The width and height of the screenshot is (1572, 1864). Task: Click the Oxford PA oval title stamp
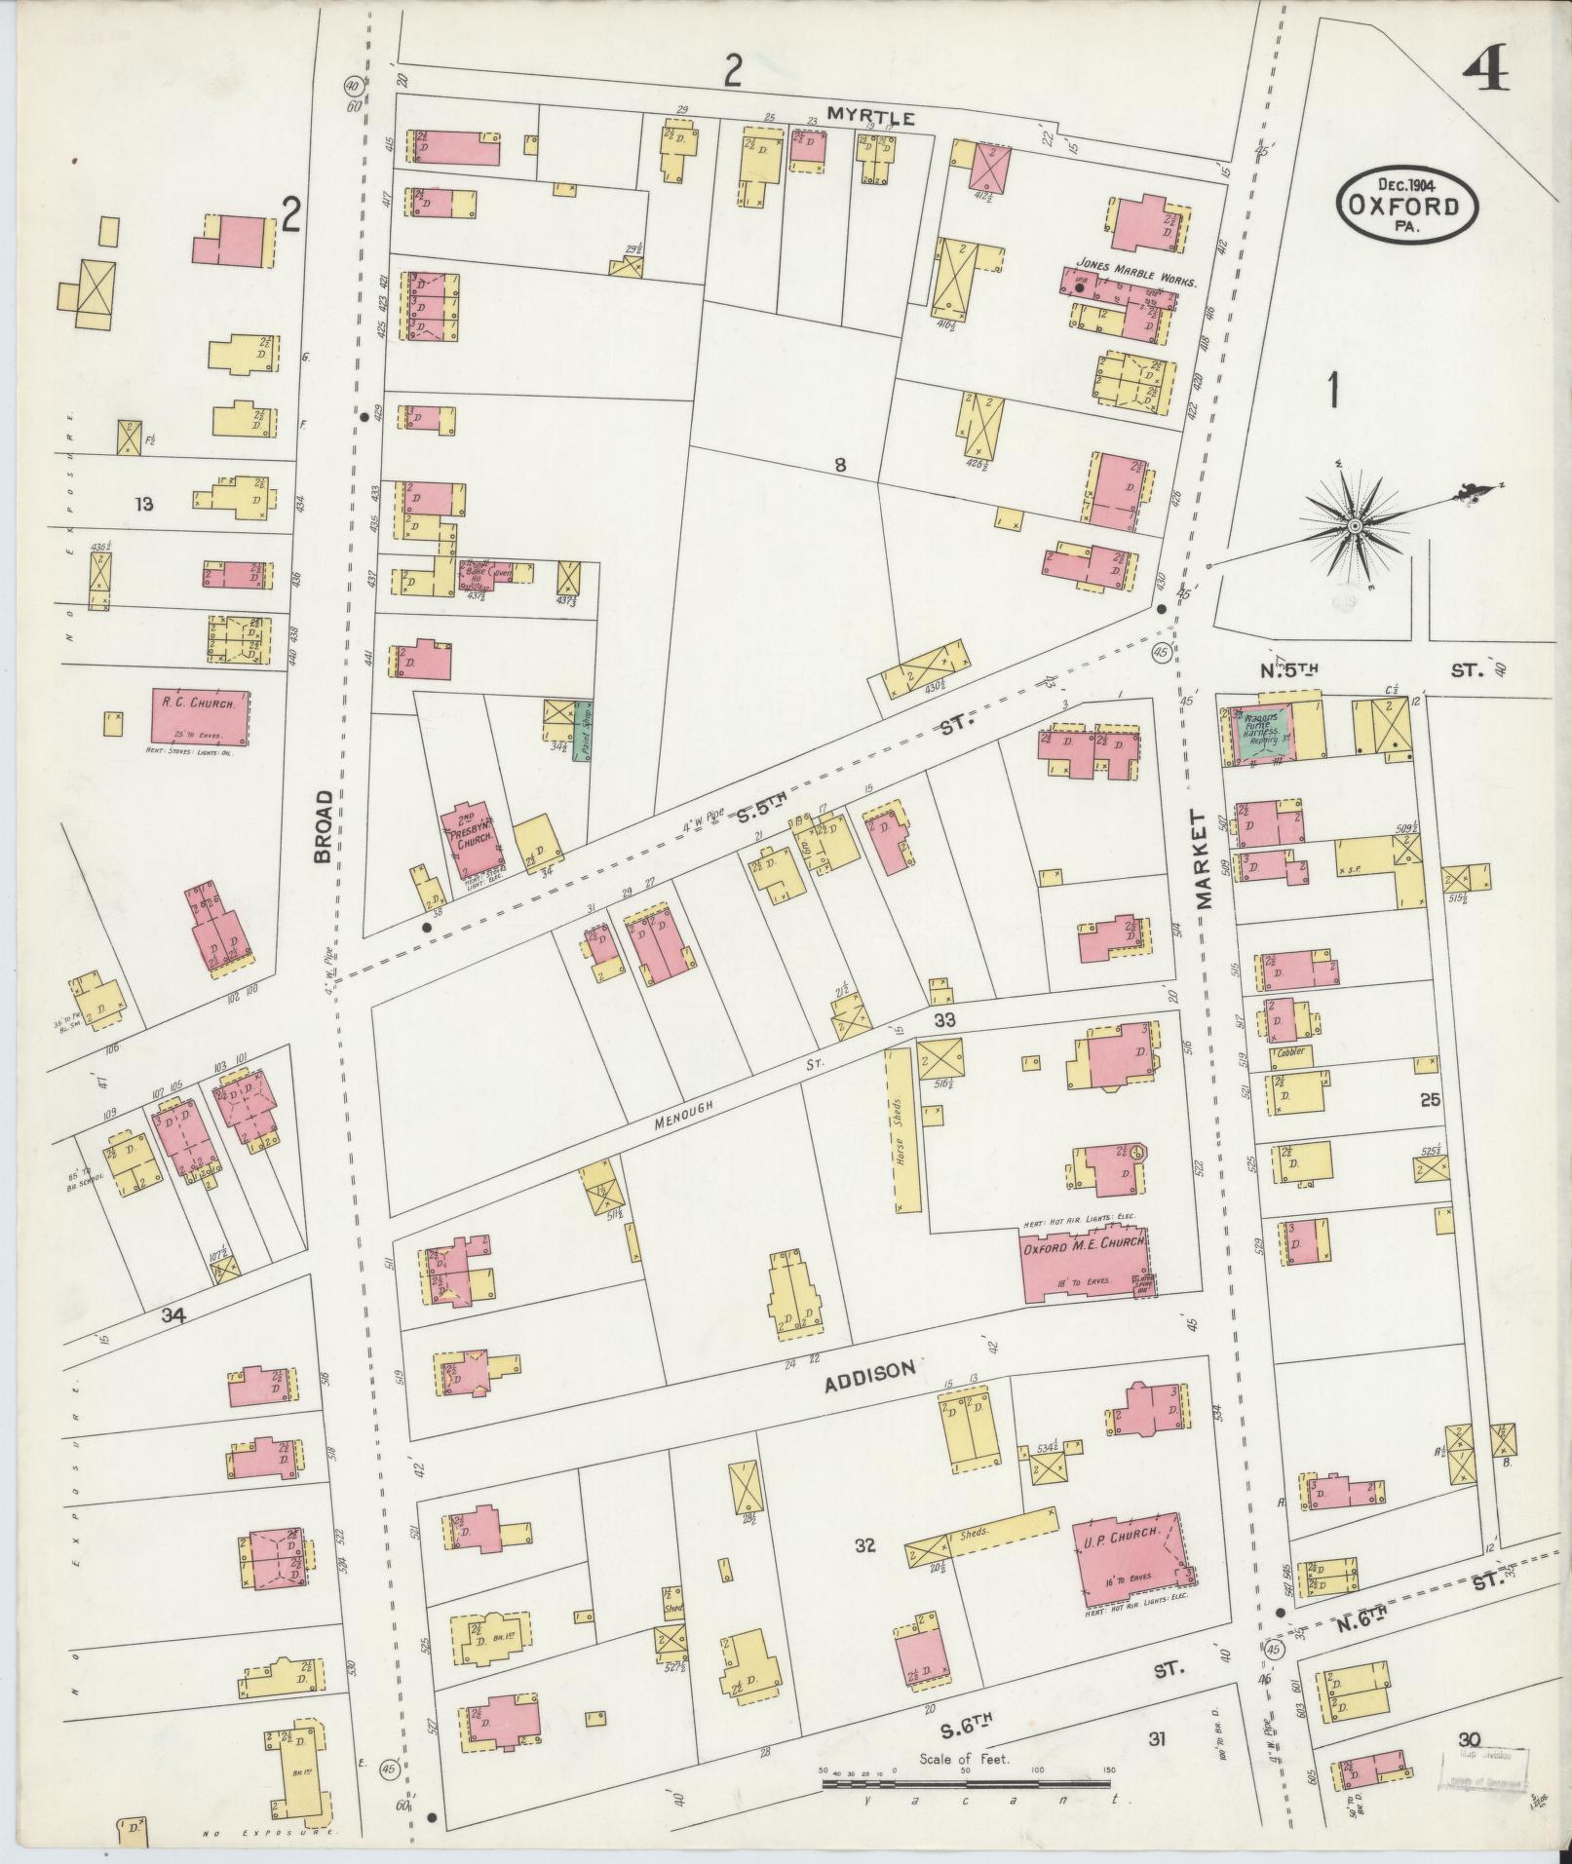(x=1406, y=206)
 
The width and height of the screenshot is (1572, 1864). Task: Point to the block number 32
(x=865, y=1544)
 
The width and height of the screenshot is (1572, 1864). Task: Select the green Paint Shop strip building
(x=582, y=731)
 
